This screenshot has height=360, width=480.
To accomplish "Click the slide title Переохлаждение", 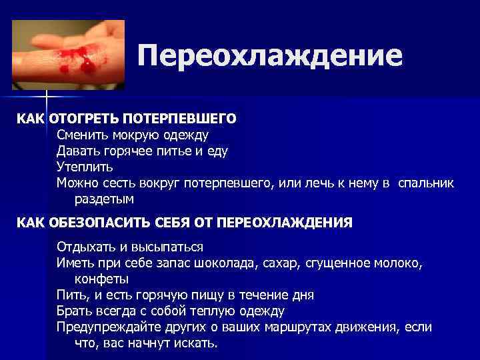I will [270, 56].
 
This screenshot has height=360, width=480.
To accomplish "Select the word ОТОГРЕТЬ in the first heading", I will [77, 119].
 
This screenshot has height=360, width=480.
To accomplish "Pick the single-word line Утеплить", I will [85, 167].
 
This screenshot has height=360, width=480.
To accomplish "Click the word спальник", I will [425, 183].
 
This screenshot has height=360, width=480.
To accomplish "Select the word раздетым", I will [104, 198].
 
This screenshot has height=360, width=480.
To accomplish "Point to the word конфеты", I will [102, 278].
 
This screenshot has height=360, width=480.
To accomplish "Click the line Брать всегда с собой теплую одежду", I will [171, 311].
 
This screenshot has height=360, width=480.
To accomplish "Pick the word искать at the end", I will [197, 343].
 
